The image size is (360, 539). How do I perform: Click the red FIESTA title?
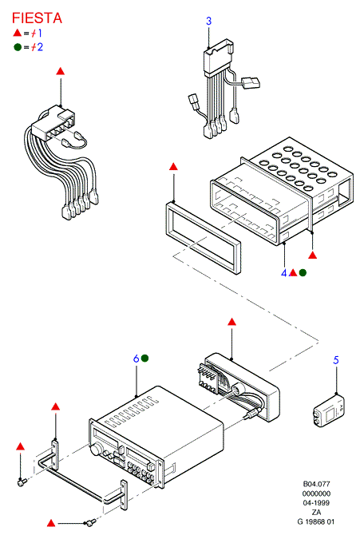pyautogui.click(x=37, y=18)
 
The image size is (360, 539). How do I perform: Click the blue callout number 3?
pyautogui.click(x=209, y=21)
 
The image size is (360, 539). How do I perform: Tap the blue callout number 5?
pyautogui.click(x=336, y=360)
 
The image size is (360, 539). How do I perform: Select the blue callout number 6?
pyautogui.click(x=136, y=359)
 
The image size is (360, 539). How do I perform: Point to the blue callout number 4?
pyautogui.click(x=283, y=273)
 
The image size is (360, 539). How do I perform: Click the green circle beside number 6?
pyautogui.click(x=145, y=359)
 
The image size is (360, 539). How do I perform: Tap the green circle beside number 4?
pyautogui.click(x=303, y=272)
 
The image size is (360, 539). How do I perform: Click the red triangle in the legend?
pyautogui.click(x=18, y=33)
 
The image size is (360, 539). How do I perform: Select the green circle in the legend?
pyautogui.click(x=18, y=47)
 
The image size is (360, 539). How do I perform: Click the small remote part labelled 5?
pyautogui.click(x=328, y=411)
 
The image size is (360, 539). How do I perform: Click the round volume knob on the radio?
pyautogui.click(x=97, y=450)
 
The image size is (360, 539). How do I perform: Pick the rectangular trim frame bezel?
pyautogui.click(x=203, y=238)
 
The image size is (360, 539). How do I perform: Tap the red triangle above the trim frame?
pyautogui.click(x=173, y=167)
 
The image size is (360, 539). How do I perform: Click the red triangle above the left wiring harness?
pyautogui.click(x=61, y=71)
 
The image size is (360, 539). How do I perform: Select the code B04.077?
pyautogui.click(x=316, y=484)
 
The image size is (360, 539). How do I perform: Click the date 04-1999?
pyautogui.click(x=316, y=503)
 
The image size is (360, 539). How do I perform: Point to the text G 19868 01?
pyautogui.click(x=315, y=521)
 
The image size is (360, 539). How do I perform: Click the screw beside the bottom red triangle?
pyautogui.click(x=91, y=522)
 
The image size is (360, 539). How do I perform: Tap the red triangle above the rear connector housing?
pyautogui.click(x=231, y=322)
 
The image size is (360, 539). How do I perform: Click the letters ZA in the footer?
pyautogui.click(x=316, y=512)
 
